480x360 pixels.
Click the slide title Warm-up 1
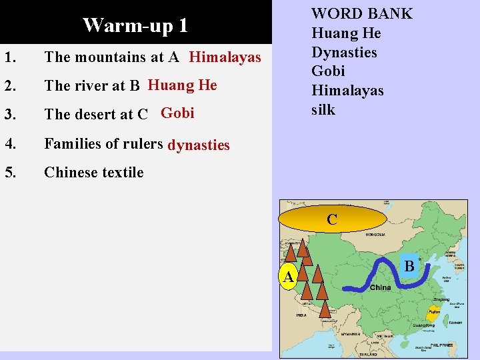135,25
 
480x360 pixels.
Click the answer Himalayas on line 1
225,57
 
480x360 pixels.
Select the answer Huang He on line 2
182,85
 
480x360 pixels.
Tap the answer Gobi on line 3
177,113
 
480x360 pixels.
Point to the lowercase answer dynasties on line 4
199,145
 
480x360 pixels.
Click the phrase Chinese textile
93,172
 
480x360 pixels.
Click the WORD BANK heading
362,13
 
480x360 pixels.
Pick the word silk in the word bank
323,109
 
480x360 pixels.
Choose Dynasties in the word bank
344,52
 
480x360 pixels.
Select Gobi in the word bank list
328,71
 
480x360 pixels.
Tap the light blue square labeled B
409,266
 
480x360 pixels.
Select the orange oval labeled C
332,219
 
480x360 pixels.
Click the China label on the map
380,287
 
